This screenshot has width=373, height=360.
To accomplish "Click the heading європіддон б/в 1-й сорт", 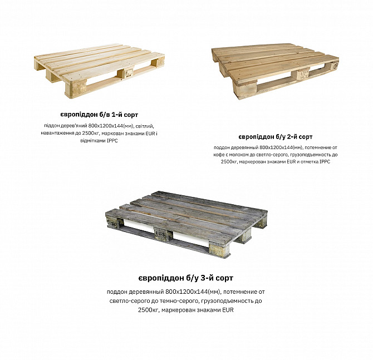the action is pos(99,115).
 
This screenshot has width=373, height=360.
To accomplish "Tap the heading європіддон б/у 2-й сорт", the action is pos(276,137).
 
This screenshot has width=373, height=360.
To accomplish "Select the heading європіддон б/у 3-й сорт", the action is pos(186,278).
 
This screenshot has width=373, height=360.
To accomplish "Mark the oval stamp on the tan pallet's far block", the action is pos(335,66).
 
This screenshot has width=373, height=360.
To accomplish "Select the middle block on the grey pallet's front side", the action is pos(164,234).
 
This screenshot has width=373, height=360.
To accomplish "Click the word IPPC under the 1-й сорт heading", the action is pos(112,141).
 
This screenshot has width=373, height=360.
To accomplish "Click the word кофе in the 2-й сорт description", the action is pos(219,155).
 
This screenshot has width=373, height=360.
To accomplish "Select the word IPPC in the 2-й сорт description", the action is pos(325,162).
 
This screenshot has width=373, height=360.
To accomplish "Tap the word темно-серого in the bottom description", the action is pos(183,301).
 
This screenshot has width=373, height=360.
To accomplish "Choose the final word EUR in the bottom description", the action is pos(228,310).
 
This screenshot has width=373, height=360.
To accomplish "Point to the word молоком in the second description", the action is pos(239,155).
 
